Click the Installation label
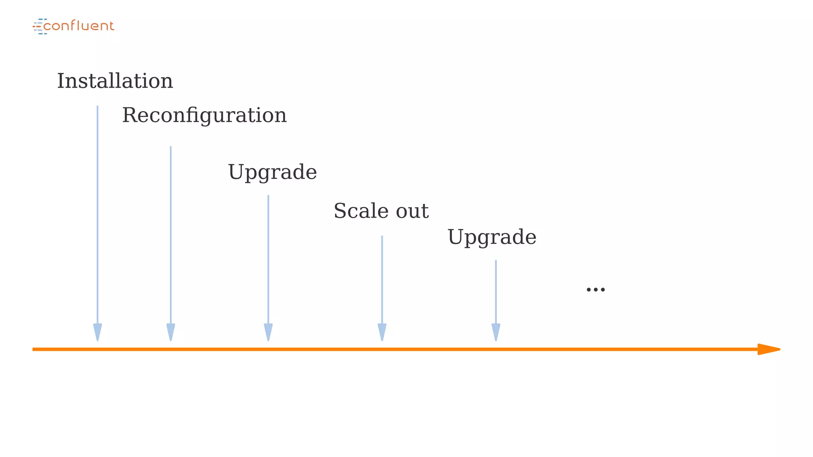(115, 81)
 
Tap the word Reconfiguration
(204, 115)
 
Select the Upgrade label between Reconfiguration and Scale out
(272, 172)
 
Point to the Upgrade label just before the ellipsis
(492, 237)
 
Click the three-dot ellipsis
(595, 290)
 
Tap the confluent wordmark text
(79, 26)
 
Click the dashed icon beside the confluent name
(39, 26)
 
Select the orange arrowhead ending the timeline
(768, 349)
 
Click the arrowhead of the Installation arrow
(97, 332)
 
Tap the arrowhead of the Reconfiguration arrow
(171, 332)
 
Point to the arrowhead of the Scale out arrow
(382, 332)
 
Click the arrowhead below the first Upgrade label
(268, 332)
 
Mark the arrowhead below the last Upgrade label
(496, 332)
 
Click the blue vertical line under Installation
(97, 214)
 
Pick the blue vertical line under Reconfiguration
(171, 234)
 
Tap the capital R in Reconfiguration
(129, 115)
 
